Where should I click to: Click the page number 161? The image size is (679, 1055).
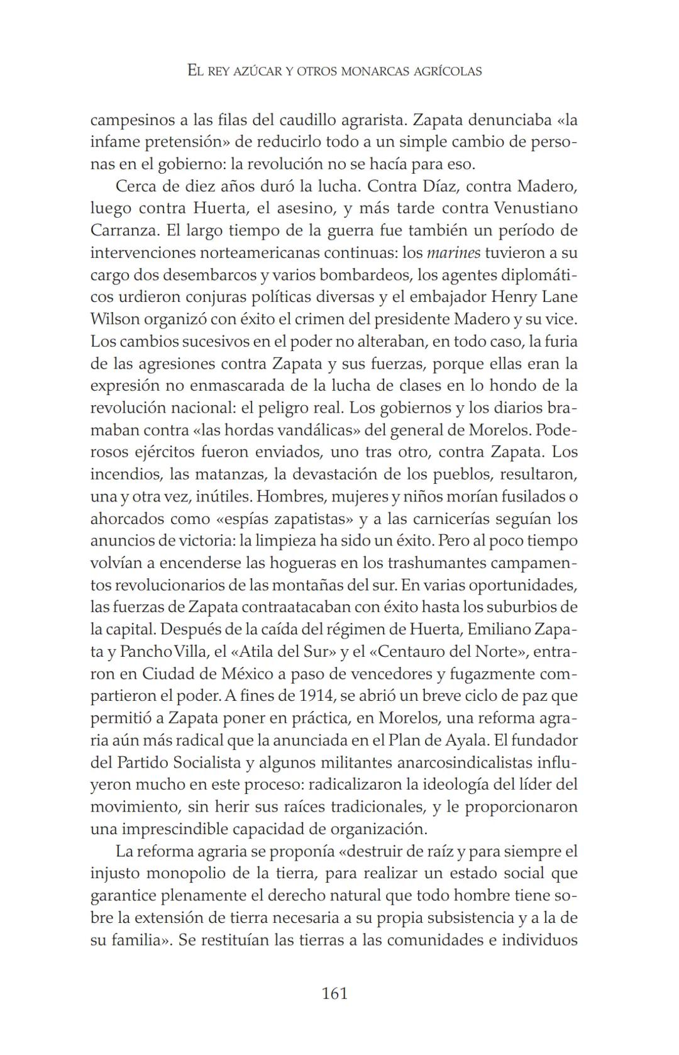[x=334, y=993]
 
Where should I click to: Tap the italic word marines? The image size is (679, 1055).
[x=453, y=253]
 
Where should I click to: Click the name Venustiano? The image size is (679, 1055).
[x=536, y=208]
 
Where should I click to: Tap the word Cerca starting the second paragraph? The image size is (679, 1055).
[x=135, y=186]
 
